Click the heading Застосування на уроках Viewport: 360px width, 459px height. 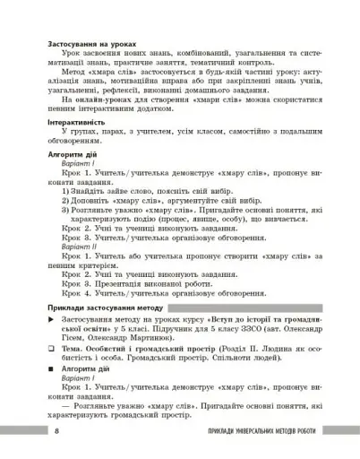pyautogui.click(x=77, y=42)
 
